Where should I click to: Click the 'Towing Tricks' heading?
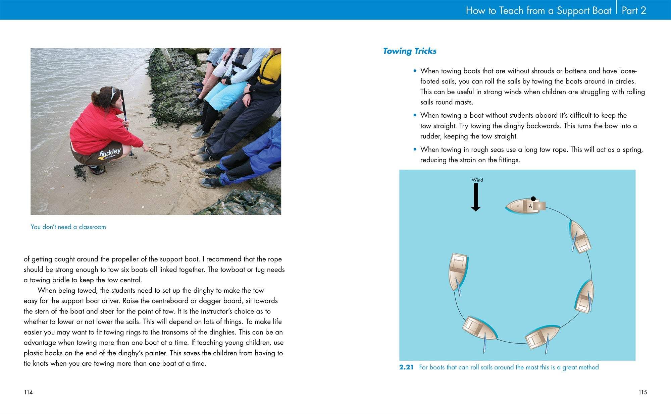410,51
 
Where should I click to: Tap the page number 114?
28,392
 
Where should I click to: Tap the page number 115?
642,392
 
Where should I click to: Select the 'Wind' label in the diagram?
477,180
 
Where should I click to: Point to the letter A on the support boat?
530,206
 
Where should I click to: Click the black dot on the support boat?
533,199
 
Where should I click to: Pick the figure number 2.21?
406,367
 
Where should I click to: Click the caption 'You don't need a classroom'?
68,227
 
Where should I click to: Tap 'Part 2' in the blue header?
634,10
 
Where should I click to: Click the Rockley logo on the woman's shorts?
110,153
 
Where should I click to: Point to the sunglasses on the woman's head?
113,94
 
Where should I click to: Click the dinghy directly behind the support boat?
580,237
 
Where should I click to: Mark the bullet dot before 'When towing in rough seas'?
415,150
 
